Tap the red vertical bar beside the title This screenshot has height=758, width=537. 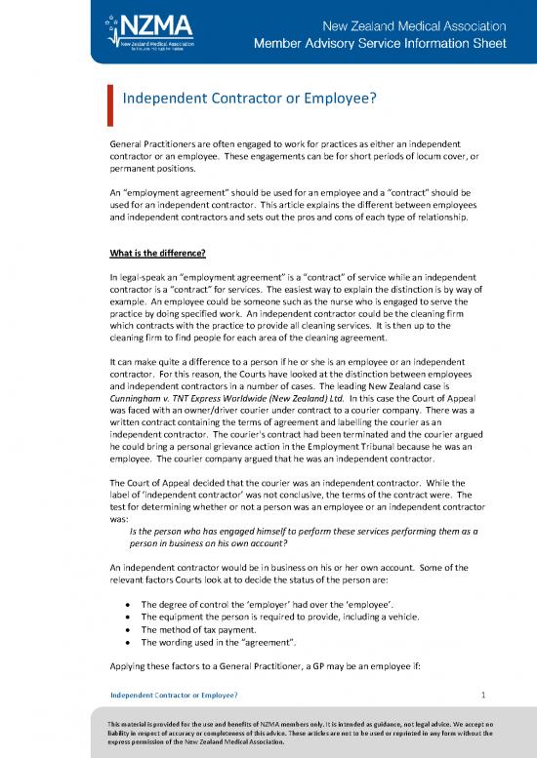110,99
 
